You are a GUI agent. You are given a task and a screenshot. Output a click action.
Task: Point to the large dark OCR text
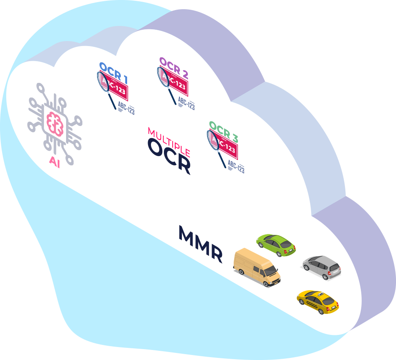point(169,157)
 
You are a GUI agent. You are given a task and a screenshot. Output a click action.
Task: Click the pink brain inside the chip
point(55,124)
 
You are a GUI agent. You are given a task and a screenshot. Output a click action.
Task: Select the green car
point(276,244)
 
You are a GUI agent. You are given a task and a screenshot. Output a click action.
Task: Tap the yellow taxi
point(317,301)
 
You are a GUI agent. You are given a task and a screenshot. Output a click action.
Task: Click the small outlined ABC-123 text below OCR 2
point(187,102)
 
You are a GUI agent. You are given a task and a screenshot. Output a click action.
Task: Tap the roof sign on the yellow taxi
point(320,295)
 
